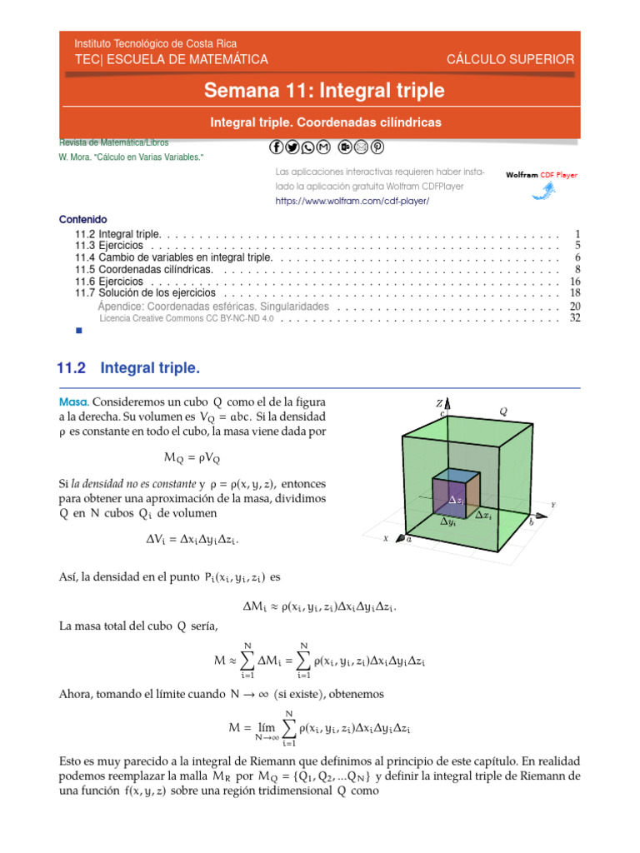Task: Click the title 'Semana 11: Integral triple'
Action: [x=325, y=90]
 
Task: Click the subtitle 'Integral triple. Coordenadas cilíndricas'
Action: [x=325, y=122]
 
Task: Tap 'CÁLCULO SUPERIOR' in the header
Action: [x=510, y=59]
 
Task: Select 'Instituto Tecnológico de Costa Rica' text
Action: [x=156, y=43]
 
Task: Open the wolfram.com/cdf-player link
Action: [x=352, y=202]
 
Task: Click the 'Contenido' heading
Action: [x=82, y=220]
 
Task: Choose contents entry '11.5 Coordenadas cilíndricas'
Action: [x=145, y=270]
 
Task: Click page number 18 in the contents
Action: [x=574, y=293]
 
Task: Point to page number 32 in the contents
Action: [x=574, y=317]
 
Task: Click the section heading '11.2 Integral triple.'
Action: [x=128, y=367]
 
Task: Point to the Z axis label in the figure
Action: [x=439, y=403]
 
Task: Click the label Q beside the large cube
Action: [x=502, y=411]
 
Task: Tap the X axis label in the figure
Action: [x=386, y=539]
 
